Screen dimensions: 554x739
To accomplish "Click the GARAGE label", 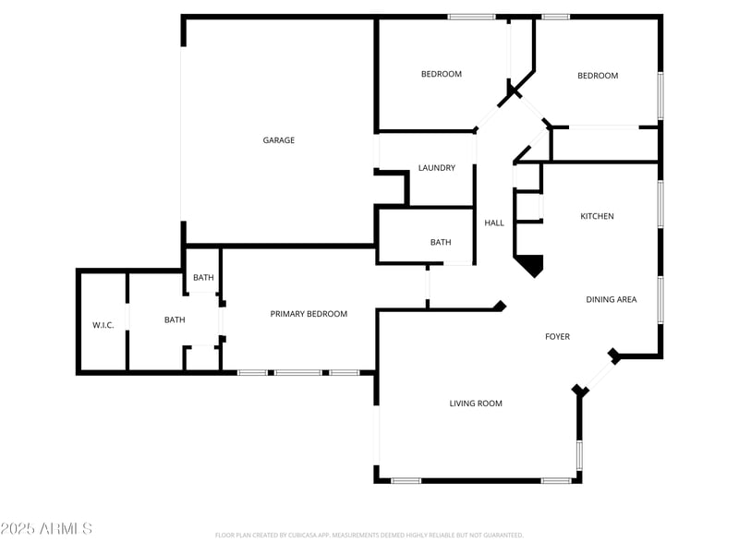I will coord(279,140).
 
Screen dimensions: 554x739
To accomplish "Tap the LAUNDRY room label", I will coord(437,168).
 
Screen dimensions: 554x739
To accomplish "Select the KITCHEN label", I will coord(597,216).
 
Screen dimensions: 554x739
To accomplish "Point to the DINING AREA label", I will coord(612,299).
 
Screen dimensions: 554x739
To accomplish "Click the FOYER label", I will coord(557,336).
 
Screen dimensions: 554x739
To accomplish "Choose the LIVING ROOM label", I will coord(476,403).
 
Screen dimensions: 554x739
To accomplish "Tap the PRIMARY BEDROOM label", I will coord(309,314).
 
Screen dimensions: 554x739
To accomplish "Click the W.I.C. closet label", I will coord(103,325).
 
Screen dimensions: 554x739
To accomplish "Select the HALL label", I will coord(495,223).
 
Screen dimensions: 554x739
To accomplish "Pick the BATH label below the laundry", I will coord(441,242).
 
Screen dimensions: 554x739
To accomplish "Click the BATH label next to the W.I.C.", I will coord(175,320).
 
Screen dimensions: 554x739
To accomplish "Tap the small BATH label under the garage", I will coord(203,277).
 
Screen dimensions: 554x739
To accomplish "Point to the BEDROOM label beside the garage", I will coord(442,74).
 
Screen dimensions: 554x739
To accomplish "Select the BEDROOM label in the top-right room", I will coord(598,76).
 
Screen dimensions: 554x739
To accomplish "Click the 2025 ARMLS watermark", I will coord(46,529).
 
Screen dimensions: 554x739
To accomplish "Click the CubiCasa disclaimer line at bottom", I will coord(369,535).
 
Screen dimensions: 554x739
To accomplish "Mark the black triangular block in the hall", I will coord(531,266).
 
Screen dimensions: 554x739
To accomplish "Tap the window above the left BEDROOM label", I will coord(471,17).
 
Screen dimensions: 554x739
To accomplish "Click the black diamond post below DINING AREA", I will coord(614,355).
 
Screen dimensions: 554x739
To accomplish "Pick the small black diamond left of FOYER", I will coord(500,306).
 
